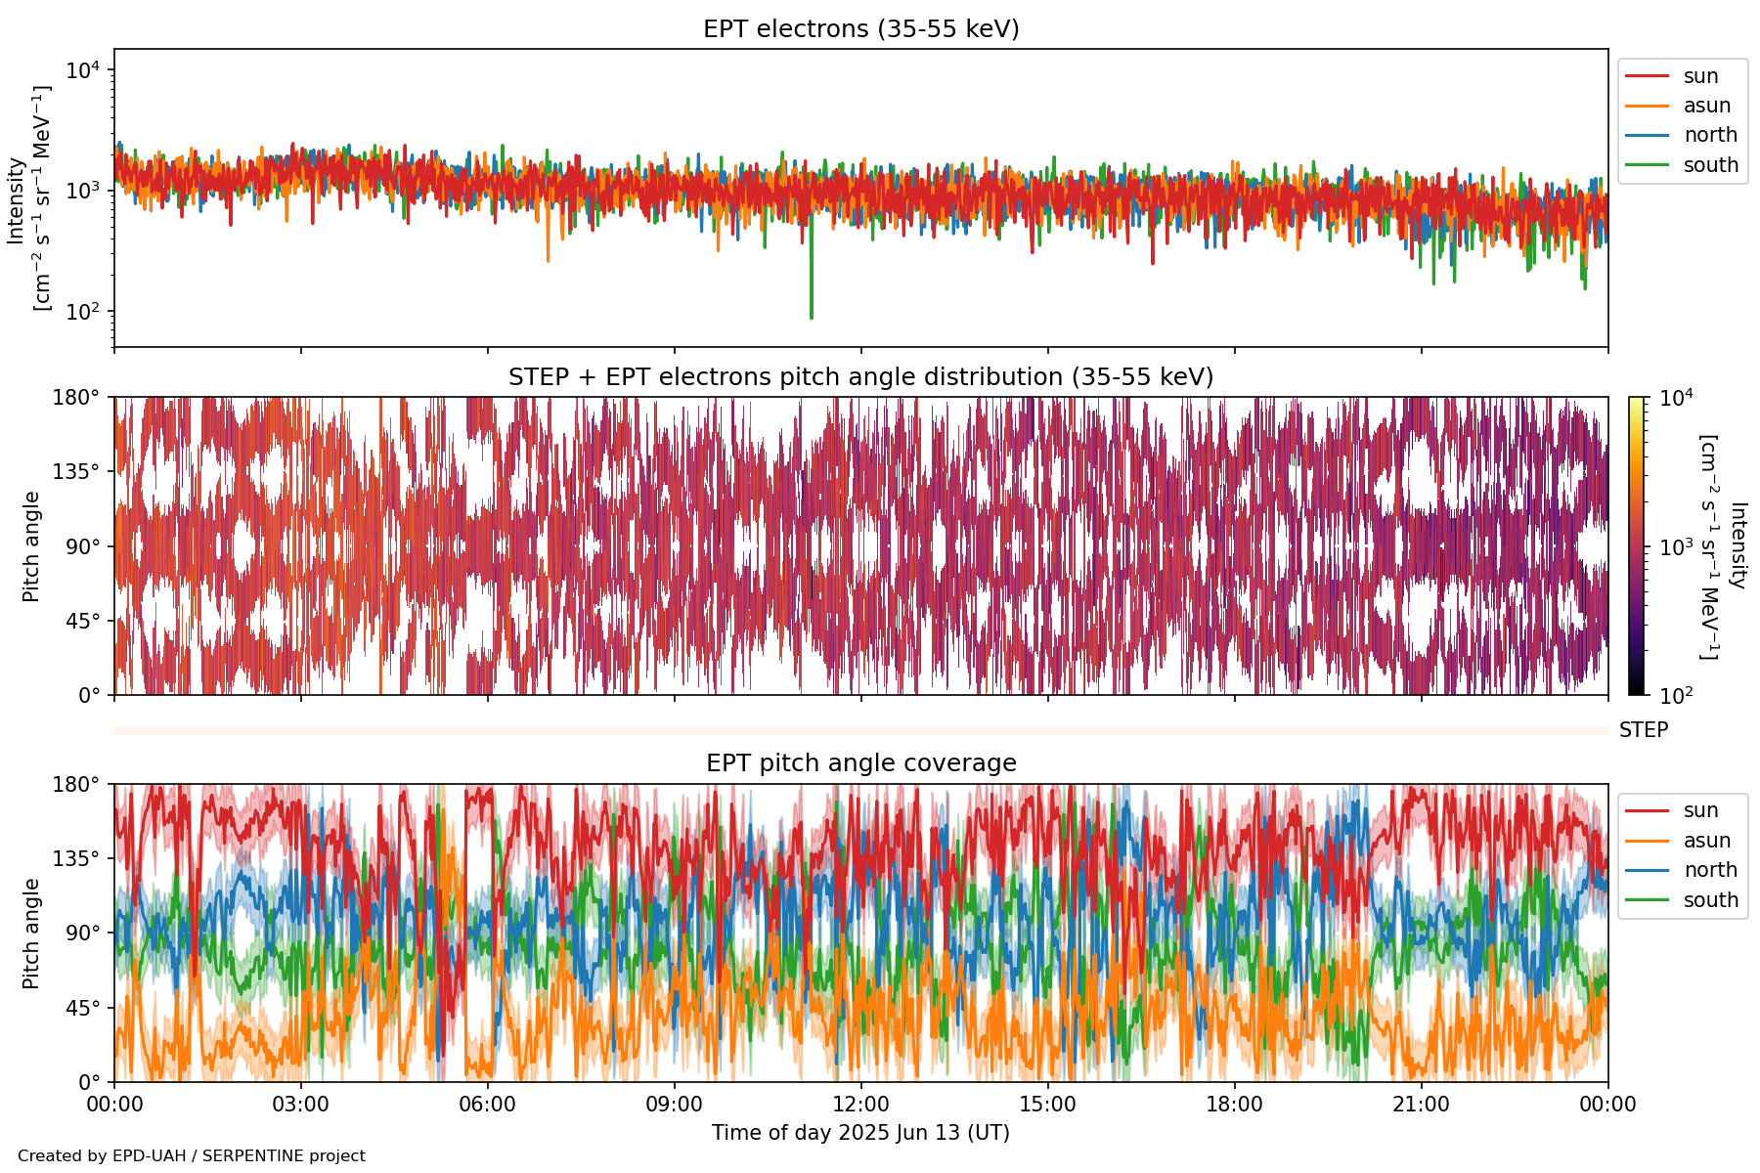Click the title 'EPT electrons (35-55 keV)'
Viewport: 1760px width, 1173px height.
tap(860, 29)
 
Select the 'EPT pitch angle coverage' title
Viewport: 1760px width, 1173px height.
tap(860, 763)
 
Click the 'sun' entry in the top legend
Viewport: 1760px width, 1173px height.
tap(1700, 76)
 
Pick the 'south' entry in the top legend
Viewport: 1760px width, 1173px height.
tap(1710, 165)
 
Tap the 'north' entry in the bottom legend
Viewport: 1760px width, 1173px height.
tap(1710, 870)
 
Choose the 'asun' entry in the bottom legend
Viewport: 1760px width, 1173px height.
tap(1706, 841)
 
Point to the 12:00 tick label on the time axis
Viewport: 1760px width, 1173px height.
tap(860, 1105)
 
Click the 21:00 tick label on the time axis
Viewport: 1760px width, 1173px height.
tap(1421, 1105)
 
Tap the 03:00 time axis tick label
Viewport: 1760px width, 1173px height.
tap(300, 1105)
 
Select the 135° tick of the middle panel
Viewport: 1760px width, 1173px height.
tap(76, 472)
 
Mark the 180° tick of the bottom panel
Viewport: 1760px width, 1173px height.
tap(76, 784)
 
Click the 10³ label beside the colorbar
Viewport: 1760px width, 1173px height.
tap(1677, 547)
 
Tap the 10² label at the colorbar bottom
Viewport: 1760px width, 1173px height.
tap(1677, 696)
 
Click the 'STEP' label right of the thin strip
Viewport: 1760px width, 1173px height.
tap(1643, 730)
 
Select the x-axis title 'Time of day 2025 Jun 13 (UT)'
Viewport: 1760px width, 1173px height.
tap(860, 1133)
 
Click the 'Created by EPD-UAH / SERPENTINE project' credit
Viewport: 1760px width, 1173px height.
tap(192, 1155)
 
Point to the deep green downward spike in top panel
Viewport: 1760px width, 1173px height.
tap(811, 293)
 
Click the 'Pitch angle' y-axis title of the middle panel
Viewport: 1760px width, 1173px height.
tap(31, 546)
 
